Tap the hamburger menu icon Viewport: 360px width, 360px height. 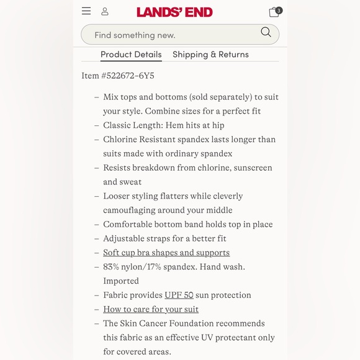pos(86,11)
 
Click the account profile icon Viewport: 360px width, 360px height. pos(105,11)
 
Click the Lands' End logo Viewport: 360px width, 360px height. pos(174,12)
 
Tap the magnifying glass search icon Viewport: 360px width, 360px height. pos(266,32)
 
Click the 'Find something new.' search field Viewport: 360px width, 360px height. pos(168,35)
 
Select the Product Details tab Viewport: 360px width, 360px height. pos(131,55)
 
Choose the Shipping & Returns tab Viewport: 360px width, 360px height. pos(210,55)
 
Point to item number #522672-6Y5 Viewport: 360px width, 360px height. pos(118,76)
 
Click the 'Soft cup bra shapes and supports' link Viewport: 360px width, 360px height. pos(166,253)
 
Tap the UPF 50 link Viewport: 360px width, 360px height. pos(179,295)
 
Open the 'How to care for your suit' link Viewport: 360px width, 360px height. pos(151,309)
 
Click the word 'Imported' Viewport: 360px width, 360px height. pos(121,281)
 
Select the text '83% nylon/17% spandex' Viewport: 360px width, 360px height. pos(151,267)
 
